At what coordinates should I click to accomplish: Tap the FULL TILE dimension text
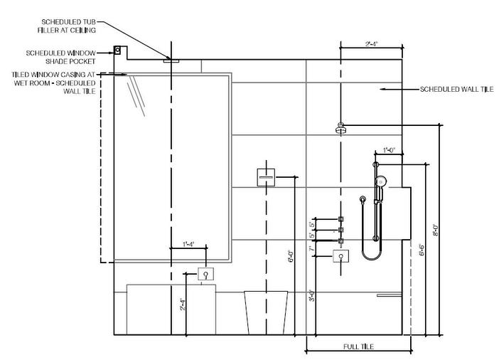coord(358,346)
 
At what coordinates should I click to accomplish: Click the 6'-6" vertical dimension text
coord(422,250)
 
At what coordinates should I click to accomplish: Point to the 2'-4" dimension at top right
coord(370,44)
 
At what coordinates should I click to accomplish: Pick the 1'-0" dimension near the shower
coord(389,150)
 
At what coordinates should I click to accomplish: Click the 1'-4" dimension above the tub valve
coord(188,244)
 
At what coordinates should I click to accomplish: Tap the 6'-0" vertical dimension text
coord(290,255)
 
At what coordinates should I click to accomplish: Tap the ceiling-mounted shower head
coord(342,129)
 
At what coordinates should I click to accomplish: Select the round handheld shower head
coord(381,180)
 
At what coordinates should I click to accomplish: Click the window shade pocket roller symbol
coord(118,51)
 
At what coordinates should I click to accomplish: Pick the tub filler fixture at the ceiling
coord(171,61)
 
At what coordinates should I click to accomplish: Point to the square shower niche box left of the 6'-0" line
coord(266,176)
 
